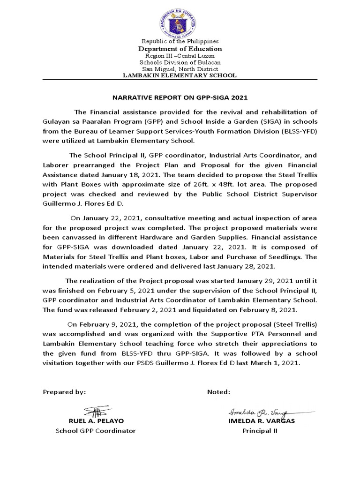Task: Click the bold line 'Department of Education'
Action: tap(180, 49)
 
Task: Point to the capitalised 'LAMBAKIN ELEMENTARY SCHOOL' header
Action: tap(180, 75)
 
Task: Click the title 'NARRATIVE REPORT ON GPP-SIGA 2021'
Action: tap(180, 98)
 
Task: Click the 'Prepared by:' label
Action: tap(64, 392)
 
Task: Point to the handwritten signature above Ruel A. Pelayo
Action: tap(96, 412)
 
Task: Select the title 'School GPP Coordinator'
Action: tap(96, 431)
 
